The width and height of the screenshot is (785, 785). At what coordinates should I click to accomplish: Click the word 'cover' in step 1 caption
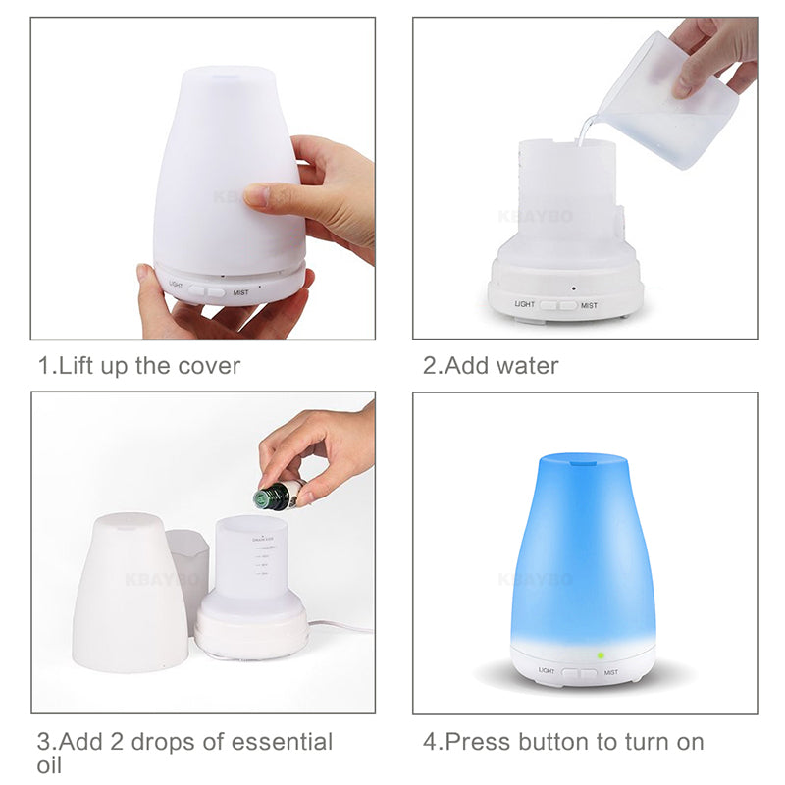[208, 366]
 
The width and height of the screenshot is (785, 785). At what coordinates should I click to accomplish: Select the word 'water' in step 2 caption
[527, 366]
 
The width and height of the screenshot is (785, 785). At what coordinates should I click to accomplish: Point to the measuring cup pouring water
[667, 98]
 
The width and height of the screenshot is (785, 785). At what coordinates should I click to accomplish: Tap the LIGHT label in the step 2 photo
[526, 305]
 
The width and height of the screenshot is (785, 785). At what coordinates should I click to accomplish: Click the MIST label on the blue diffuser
[611, 673]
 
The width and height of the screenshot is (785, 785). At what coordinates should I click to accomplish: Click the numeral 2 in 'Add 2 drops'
[119, 741]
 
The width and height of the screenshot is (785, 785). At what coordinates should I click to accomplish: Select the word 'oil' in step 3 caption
[51, 764]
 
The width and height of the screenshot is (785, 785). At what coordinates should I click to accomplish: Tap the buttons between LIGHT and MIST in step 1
[207, 290]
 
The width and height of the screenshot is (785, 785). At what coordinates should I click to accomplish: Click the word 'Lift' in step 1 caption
[78, 366]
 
